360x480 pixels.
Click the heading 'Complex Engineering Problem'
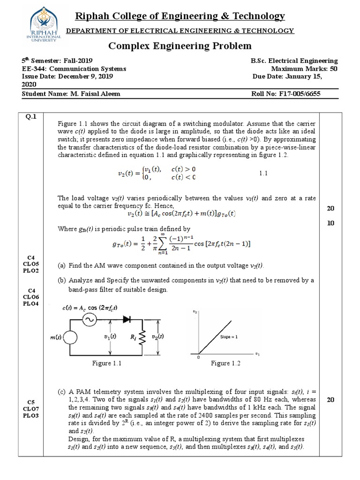pos(180,46)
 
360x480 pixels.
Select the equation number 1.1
pos(263,173)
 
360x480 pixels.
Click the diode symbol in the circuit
pos(127,319)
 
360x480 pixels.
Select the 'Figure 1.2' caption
pos(227,363)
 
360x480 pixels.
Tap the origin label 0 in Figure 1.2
pos(198,358)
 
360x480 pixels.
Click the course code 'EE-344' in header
pos(34,68)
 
